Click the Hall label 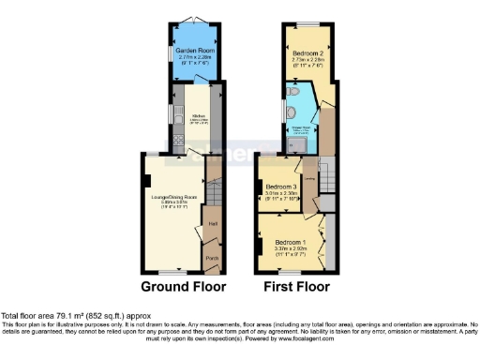click(212, 224)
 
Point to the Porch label click(212, 258)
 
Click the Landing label click(308, 171)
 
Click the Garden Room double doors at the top click(196, 20)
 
